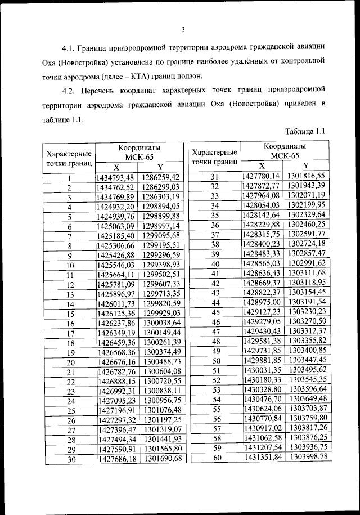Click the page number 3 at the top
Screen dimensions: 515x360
pos(184,30)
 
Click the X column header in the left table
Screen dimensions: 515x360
pos(116,167)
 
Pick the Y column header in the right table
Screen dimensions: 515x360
pos(305,165)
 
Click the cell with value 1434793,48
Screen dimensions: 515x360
pos(116,177)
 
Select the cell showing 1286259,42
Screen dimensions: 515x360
pos(161,177)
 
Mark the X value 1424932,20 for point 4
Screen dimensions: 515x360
pos(116,207)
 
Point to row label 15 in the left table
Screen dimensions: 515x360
pos(70,314)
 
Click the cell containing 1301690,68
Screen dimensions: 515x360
pos(163,459)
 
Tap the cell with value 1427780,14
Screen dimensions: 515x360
pos(261,176)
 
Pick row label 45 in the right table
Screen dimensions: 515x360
pos(214,312)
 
